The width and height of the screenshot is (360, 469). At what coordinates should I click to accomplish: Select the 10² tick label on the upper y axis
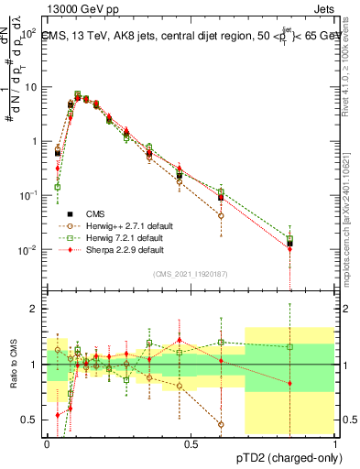(x=29, y=33)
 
